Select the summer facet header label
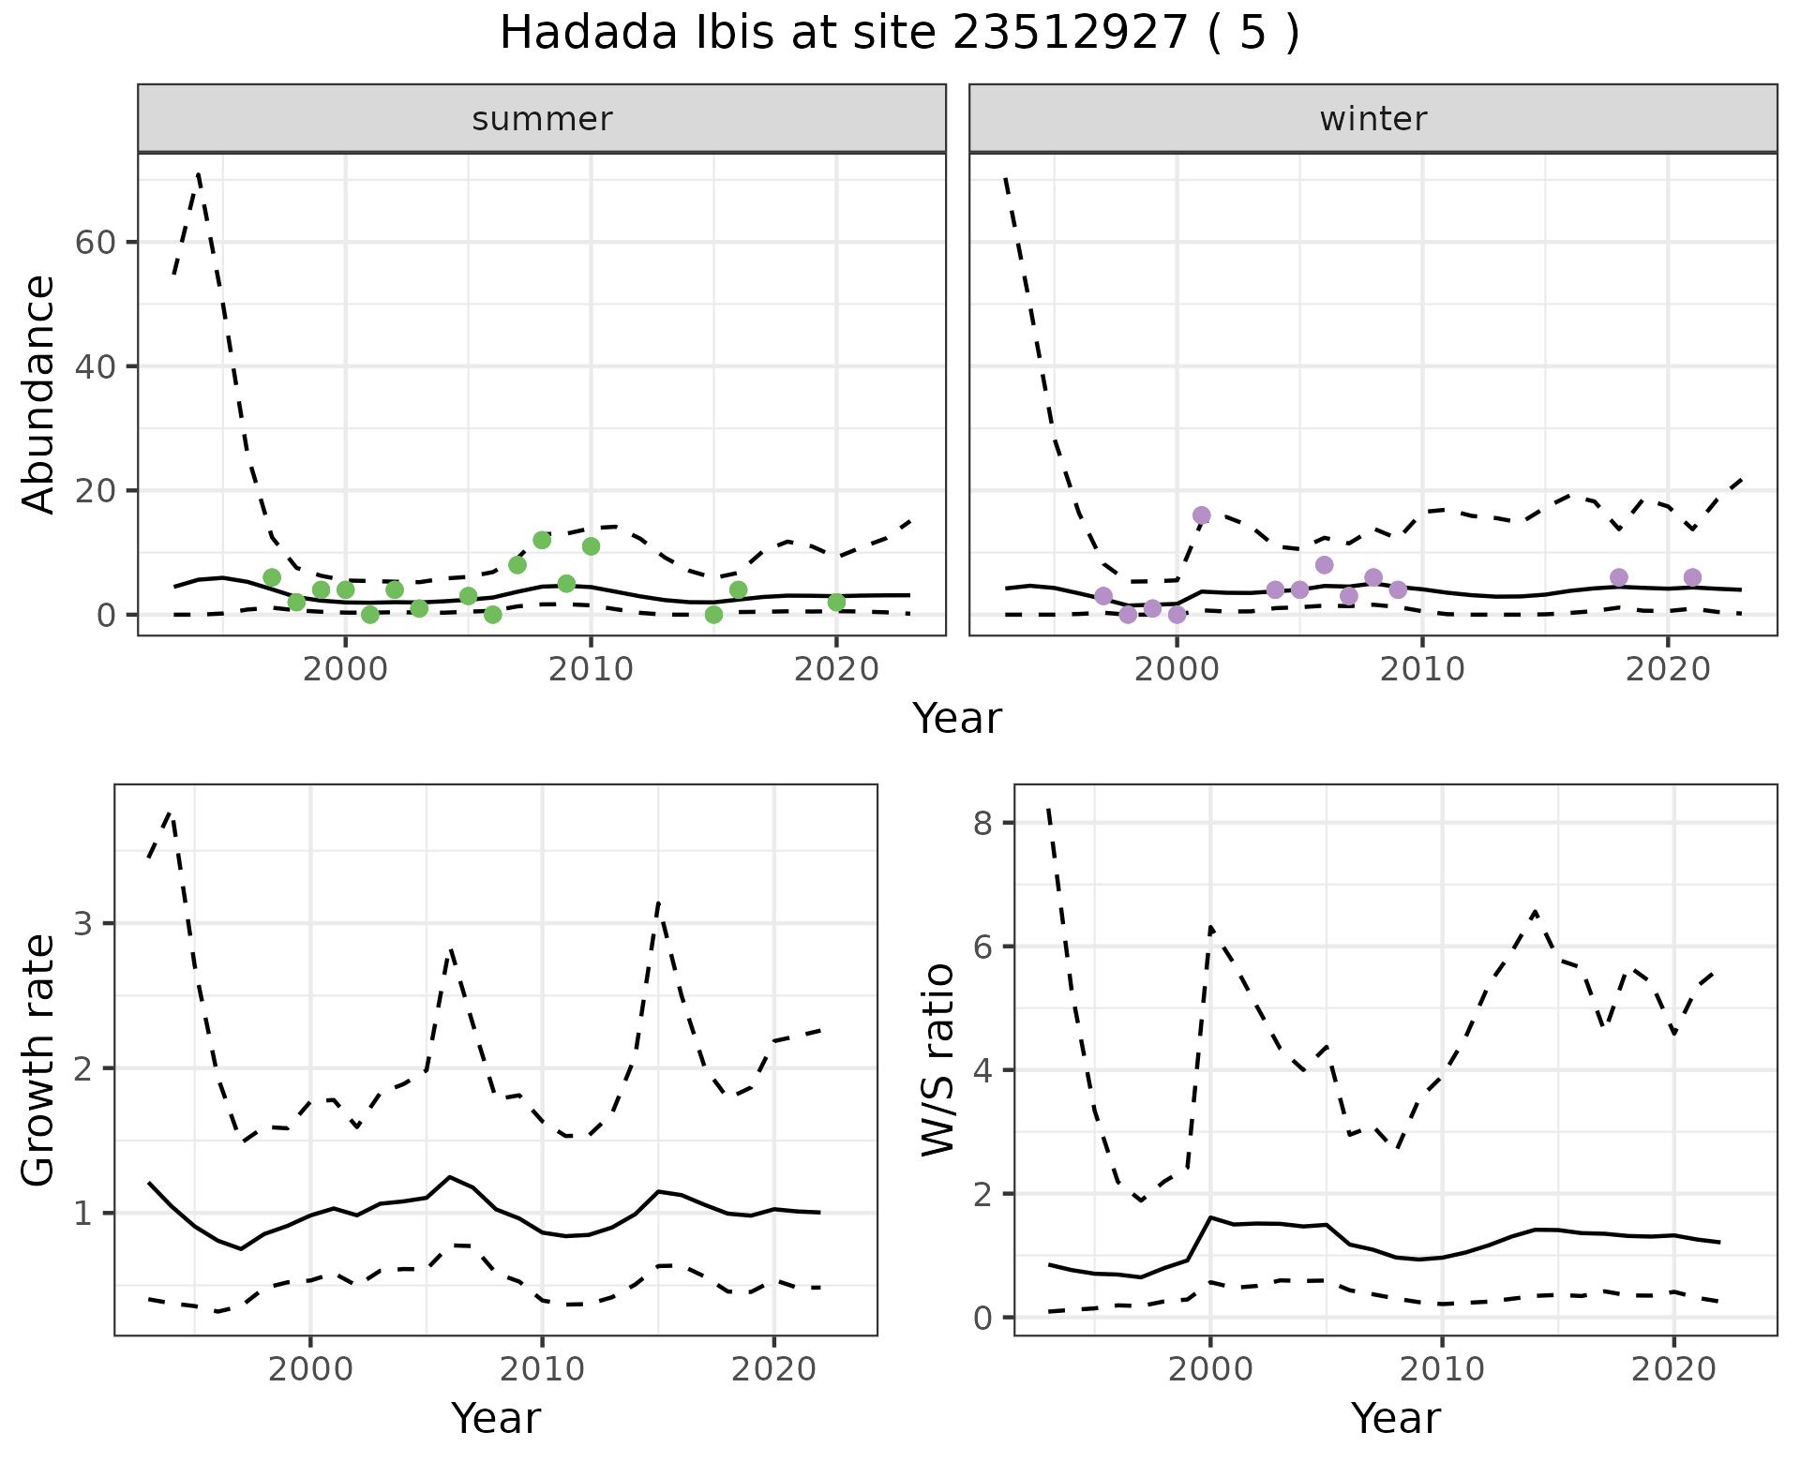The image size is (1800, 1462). (542, 119)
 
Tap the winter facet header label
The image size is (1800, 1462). (1372, 119)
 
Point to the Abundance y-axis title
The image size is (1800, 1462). (39, 395)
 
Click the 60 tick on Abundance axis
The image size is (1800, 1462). (94, 242)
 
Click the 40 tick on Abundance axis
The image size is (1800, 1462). (94, 365)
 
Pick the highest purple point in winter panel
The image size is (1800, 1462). (1201, 515)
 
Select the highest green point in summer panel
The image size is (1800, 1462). (542, 540)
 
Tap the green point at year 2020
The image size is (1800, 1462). (836, 602)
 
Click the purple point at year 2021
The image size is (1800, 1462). (1692, 577)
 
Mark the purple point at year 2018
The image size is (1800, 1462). (1619, 577)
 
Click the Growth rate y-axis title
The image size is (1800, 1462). (39, 1061)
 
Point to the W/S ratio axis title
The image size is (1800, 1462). (937, 1061)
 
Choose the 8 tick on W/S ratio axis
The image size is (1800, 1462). (982, 823)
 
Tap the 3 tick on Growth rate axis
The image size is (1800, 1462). (84, 924)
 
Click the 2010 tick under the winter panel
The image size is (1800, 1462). (1422, 669)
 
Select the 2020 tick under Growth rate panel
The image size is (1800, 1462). (773, 1369)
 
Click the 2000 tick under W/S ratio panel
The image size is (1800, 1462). (1210, 1369)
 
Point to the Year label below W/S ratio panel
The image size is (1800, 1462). (1395, 1419)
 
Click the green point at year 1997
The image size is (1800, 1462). (272, 577)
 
